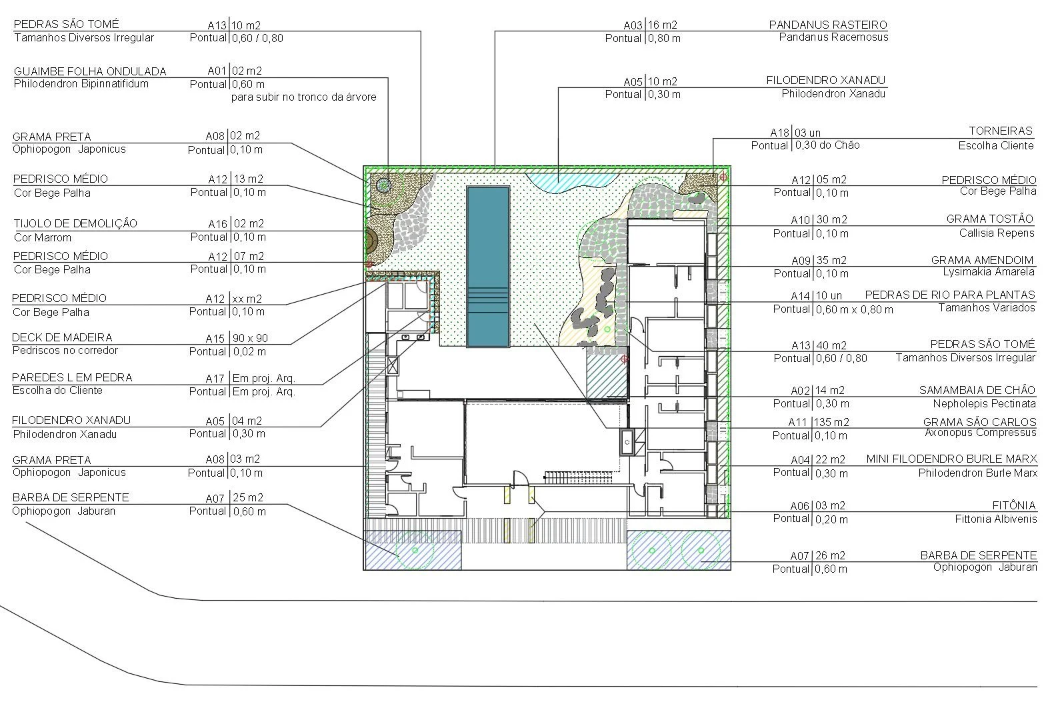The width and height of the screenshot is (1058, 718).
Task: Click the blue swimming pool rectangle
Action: (x=488, y=266)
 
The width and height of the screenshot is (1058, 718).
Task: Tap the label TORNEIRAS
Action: (x=1000, y=131)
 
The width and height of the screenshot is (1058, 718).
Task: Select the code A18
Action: (x=780, y=133)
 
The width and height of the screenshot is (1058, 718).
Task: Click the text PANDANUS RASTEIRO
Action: (x=828, y=25)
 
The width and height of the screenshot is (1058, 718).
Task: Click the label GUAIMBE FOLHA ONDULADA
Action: (x=90, y=71)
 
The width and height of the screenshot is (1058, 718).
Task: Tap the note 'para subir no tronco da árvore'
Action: (x=303, y=97)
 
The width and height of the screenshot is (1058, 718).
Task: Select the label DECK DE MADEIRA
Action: (x=62, y=337)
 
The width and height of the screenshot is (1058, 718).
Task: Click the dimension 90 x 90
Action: (x=250, y=339)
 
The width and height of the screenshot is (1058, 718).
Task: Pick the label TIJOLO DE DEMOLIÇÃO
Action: (x=75, y=223)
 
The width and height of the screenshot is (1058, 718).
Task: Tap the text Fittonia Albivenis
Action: (x=995, y=519)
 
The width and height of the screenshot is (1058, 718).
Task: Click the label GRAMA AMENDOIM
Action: (x=982, y=260)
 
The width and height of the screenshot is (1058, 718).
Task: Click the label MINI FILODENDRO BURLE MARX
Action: (x=951, y=459)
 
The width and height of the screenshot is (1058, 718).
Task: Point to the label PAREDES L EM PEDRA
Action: (x=72, y=377)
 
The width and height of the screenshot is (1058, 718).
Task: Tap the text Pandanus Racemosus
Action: (x=833, y=37)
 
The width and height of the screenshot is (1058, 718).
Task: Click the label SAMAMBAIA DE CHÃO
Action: (x=977, y=390)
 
